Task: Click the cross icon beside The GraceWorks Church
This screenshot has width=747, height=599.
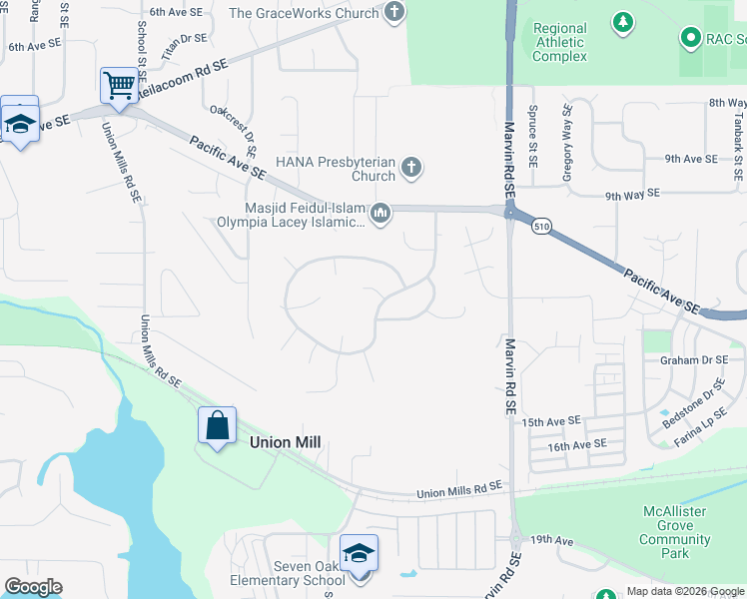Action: [395, 13]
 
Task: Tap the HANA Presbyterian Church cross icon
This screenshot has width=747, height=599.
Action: [410, 167]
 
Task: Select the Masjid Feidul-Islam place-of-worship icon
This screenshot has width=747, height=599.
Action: [380, 214]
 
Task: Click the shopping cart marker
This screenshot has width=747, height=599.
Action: [119, 87]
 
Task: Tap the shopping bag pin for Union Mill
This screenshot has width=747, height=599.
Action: [217, 426]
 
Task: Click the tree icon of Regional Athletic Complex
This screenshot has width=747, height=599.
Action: [623, 21]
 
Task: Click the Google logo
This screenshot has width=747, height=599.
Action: [33, 587]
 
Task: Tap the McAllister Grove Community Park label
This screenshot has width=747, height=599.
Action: [675, 532]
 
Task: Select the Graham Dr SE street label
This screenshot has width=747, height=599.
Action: [702, 360]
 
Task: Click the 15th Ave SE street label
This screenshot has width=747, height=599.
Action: [551, 423]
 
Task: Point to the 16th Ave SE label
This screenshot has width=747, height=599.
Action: [576, 444]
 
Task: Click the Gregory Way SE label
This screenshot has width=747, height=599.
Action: [568, 142]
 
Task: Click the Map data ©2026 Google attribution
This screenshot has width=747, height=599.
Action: [684, 591]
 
